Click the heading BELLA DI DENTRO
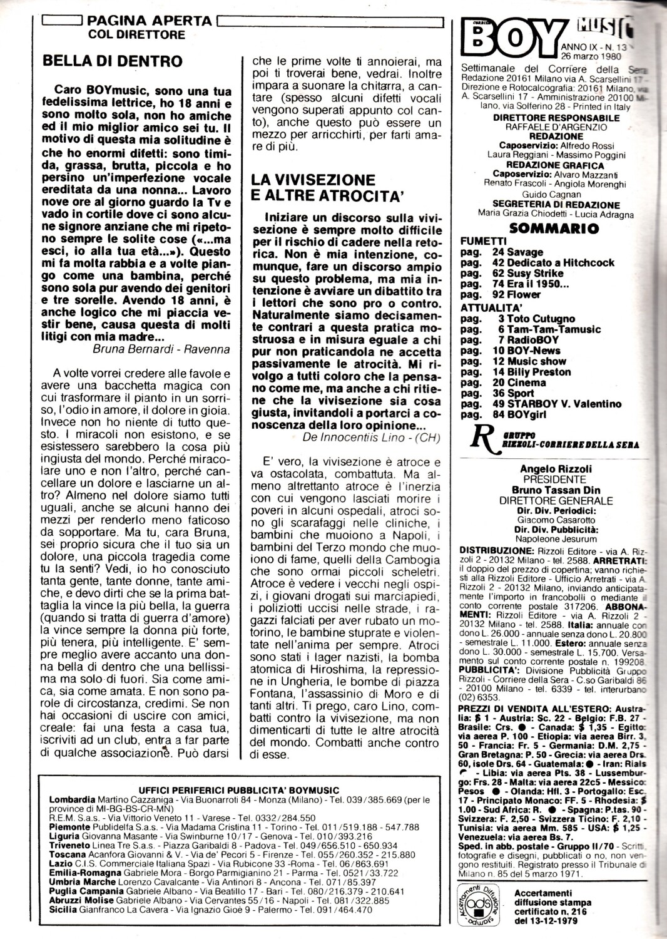pos(113,61)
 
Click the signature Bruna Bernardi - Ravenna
pos(161,349)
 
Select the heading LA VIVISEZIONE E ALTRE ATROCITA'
pos(325,187)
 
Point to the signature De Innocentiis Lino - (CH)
pos(372,437)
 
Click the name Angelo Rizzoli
pos(547,469)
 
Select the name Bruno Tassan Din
pos(547,490)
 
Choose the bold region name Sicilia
pos(63,910)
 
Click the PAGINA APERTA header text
pos(150,21)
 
